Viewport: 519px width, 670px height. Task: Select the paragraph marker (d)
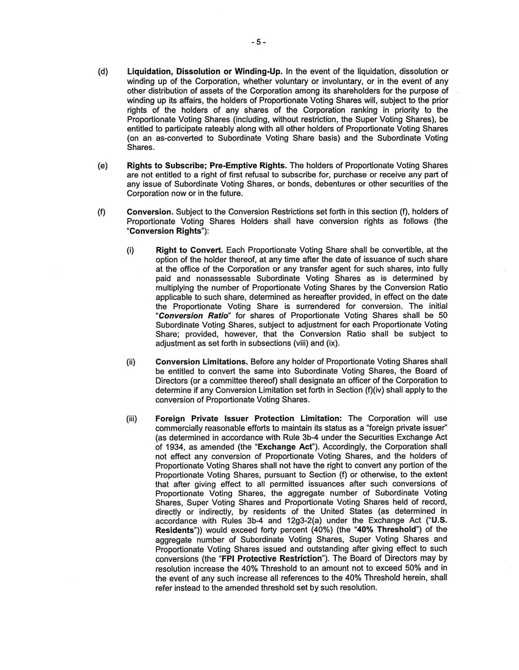click(x=103, y=72)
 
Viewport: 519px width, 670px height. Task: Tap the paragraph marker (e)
click(x=103, y=166)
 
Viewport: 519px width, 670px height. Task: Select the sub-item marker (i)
click(x=131, y=250)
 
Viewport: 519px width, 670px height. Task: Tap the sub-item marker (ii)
click(x=131, y=362)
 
